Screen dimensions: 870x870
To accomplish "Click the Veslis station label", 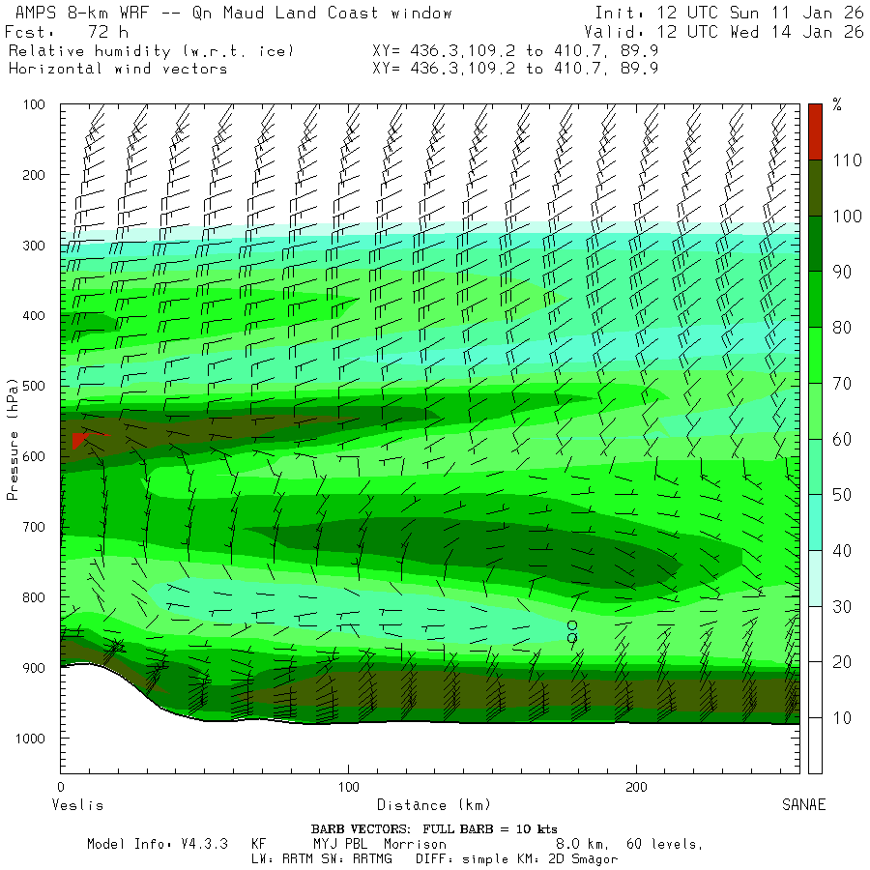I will pos(76,805).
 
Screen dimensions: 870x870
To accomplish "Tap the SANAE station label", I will pos(803,805).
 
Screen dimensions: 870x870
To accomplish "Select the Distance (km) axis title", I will pos(433,805).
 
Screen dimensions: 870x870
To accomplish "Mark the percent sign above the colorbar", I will pos(836,105).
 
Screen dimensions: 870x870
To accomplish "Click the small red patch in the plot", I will pos(81,440).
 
